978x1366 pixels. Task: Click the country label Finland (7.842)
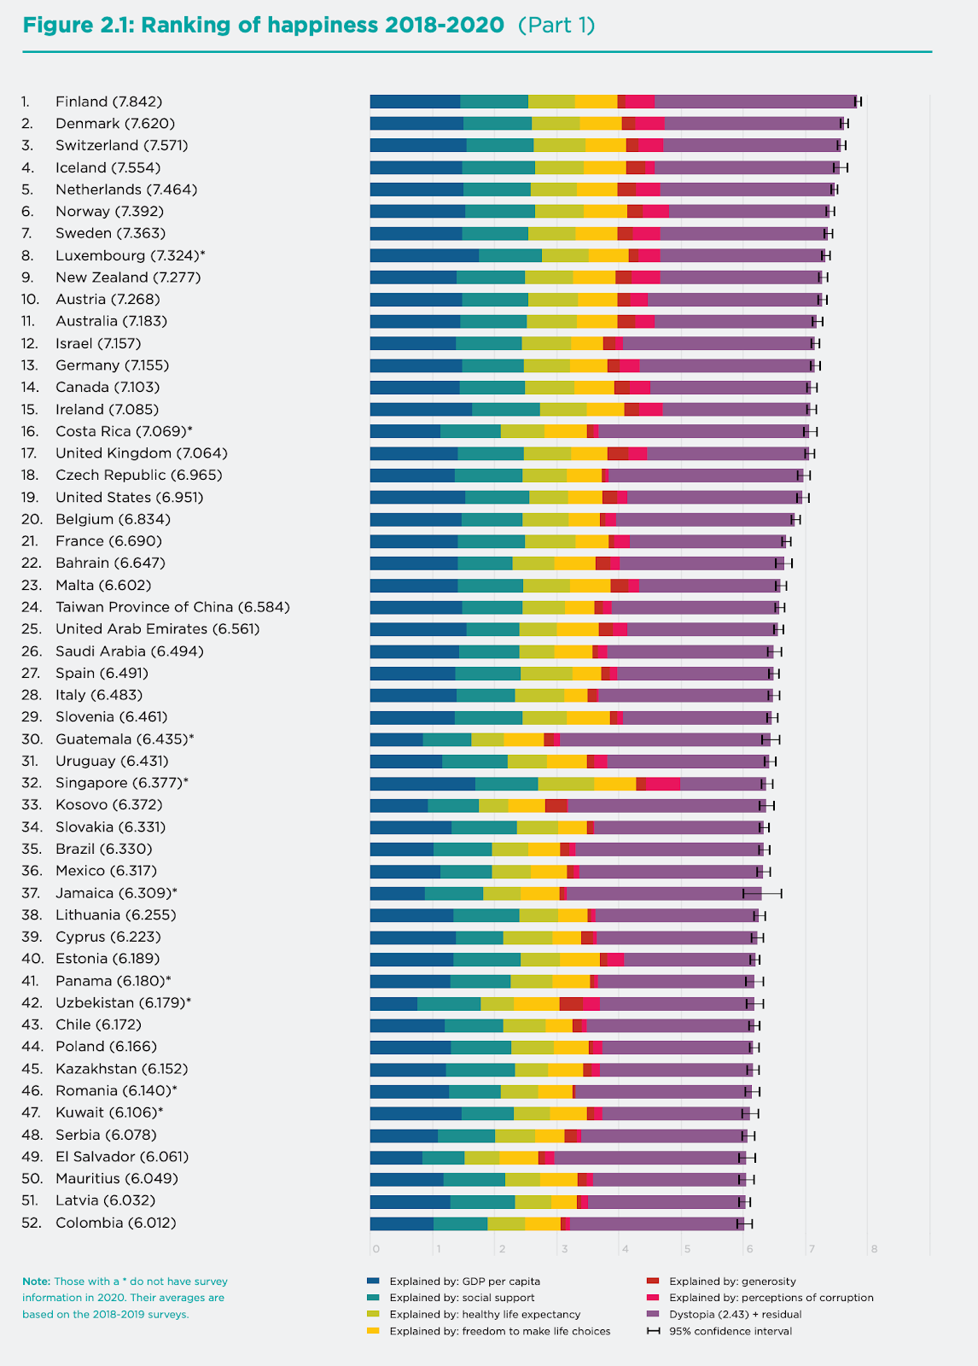[108, 102]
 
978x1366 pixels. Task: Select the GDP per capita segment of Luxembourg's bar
[424, 255]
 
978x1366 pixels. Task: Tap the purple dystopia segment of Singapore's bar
[722, 783]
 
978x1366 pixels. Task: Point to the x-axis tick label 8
[874, 1250]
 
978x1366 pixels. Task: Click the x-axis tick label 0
[375, 1250]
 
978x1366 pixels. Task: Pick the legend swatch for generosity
[653, 1281]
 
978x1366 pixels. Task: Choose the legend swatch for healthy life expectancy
[373, 1314]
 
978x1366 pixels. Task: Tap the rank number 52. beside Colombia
[32, 1223]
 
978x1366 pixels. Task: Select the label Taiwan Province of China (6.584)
[172, 607]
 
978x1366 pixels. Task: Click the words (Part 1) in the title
[556, 25]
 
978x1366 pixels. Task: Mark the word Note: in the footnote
[37, 1281]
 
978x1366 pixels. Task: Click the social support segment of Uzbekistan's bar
[449, 1003]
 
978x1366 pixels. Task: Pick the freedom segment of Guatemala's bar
[523, 739]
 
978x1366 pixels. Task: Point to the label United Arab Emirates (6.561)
[157, 629]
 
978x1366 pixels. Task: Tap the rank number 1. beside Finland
[26, 102]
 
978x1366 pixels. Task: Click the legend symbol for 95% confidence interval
[653, 1331]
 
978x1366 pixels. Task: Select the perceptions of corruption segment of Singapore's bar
[663, 783]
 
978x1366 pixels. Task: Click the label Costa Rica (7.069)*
[124, 431]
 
